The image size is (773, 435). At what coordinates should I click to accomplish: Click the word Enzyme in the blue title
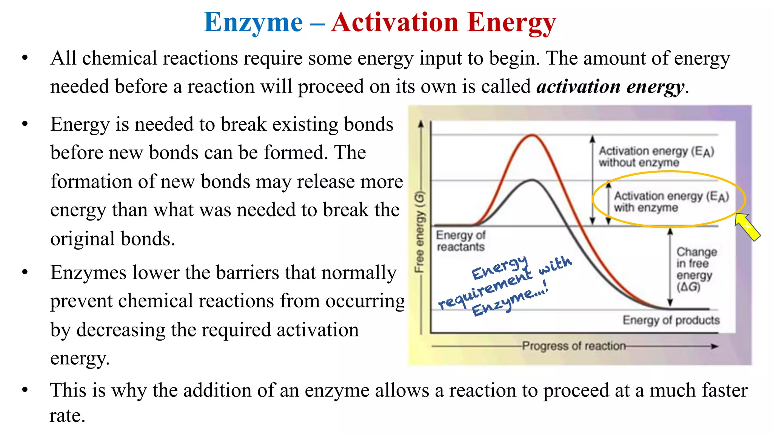253,23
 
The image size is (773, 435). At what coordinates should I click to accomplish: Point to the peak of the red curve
532,136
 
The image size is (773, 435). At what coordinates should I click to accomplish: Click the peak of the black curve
532,180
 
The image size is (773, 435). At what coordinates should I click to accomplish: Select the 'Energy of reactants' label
460,241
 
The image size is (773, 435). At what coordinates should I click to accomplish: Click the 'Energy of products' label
671,320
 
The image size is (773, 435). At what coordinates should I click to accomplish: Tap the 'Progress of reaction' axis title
574,346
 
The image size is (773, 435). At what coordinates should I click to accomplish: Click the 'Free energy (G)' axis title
419,232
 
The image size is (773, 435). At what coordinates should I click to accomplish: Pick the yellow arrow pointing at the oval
747,226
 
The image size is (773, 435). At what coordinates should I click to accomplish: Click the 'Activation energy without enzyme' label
656,157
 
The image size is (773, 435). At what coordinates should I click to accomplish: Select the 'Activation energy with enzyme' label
671,202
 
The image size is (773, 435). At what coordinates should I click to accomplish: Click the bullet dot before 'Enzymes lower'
25,272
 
